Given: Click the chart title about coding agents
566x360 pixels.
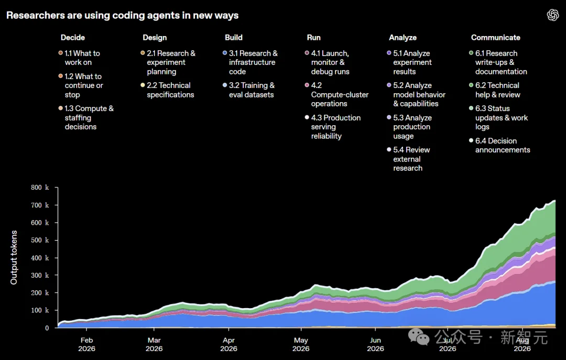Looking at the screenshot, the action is click(x=122, y=16).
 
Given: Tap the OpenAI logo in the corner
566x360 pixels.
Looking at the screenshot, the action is click(x=553, y=15).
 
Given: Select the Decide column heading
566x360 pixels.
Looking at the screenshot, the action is click(x=72, y=38).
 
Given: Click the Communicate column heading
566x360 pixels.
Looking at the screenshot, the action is click(x=495, y=38).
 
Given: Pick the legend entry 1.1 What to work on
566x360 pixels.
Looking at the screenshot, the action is click(x=80, y=58).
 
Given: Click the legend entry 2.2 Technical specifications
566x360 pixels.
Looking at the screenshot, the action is click(x=167, y=90).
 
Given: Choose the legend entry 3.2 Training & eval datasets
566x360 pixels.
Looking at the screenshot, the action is click(x=249, y=90).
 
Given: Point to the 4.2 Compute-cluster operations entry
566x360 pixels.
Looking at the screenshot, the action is click(x=336, y=95).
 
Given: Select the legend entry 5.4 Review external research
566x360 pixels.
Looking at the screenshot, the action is click(x=408, y=159).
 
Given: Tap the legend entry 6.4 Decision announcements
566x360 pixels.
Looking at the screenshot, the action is click(x=499, y=145).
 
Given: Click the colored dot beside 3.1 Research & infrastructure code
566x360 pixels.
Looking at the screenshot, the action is click(x=225, y=53).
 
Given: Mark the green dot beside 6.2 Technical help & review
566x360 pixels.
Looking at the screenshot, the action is click(x=471, y=85).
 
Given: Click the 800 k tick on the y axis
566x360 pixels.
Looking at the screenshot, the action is click(x=40, y=188).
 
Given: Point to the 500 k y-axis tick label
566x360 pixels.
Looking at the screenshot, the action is click(x=40, y=240).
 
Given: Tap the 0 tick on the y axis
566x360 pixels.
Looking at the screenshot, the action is click(x=47, y=328).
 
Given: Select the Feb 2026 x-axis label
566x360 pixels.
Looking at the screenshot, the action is click(x=86, y=344).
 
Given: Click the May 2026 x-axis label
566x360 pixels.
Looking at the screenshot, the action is click(x=301, y=344).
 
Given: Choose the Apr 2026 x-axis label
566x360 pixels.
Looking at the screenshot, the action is click(x=228, y=344).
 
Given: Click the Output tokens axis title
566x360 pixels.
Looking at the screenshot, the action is click(x=14, y=257).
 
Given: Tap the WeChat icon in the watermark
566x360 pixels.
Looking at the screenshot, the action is click(x=419, y=336).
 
